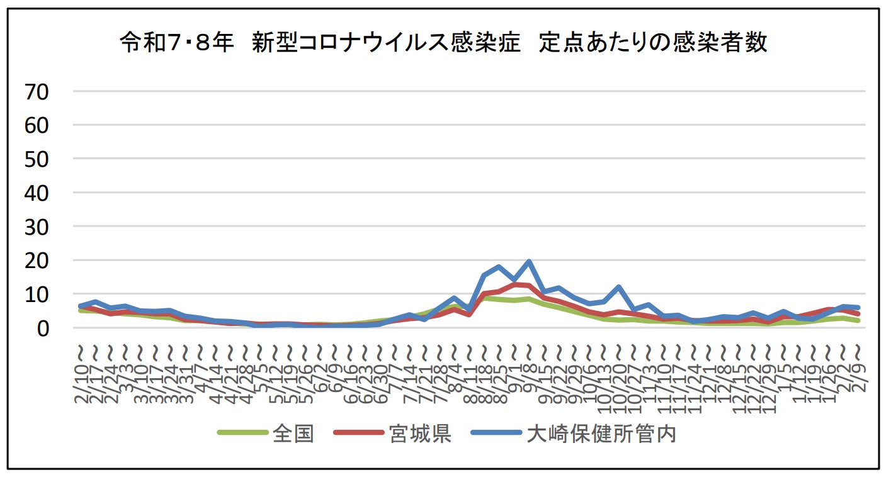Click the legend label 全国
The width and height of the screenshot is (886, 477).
293,434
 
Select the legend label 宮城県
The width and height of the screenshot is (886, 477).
420,434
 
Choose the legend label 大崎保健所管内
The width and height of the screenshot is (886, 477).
601,434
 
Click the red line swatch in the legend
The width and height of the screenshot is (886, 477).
360,434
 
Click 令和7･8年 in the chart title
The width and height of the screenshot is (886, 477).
177,43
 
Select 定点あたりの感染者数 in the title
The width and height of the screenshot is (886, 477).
654,43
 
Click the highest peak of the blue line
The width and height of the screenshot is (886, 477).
529,262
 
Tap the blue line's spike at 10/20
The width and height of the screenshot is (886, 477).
620,287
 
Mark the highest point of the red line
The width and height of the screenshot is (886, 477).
514,284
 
